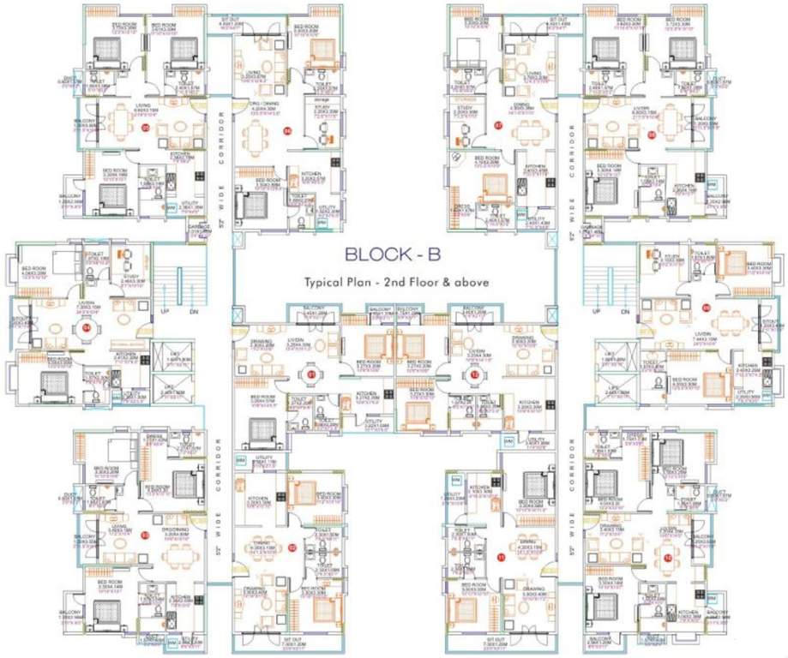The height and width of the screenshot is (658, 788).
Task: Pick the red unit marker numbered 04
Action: (85, 326)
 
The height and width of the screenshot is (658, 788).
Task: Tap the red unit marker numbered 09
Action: (706, 307)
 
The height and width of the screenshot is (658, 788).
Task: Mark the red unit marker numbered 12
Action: (473, 374)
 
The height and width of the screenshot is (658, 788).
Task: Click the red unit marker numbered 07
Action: (498, 127)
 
